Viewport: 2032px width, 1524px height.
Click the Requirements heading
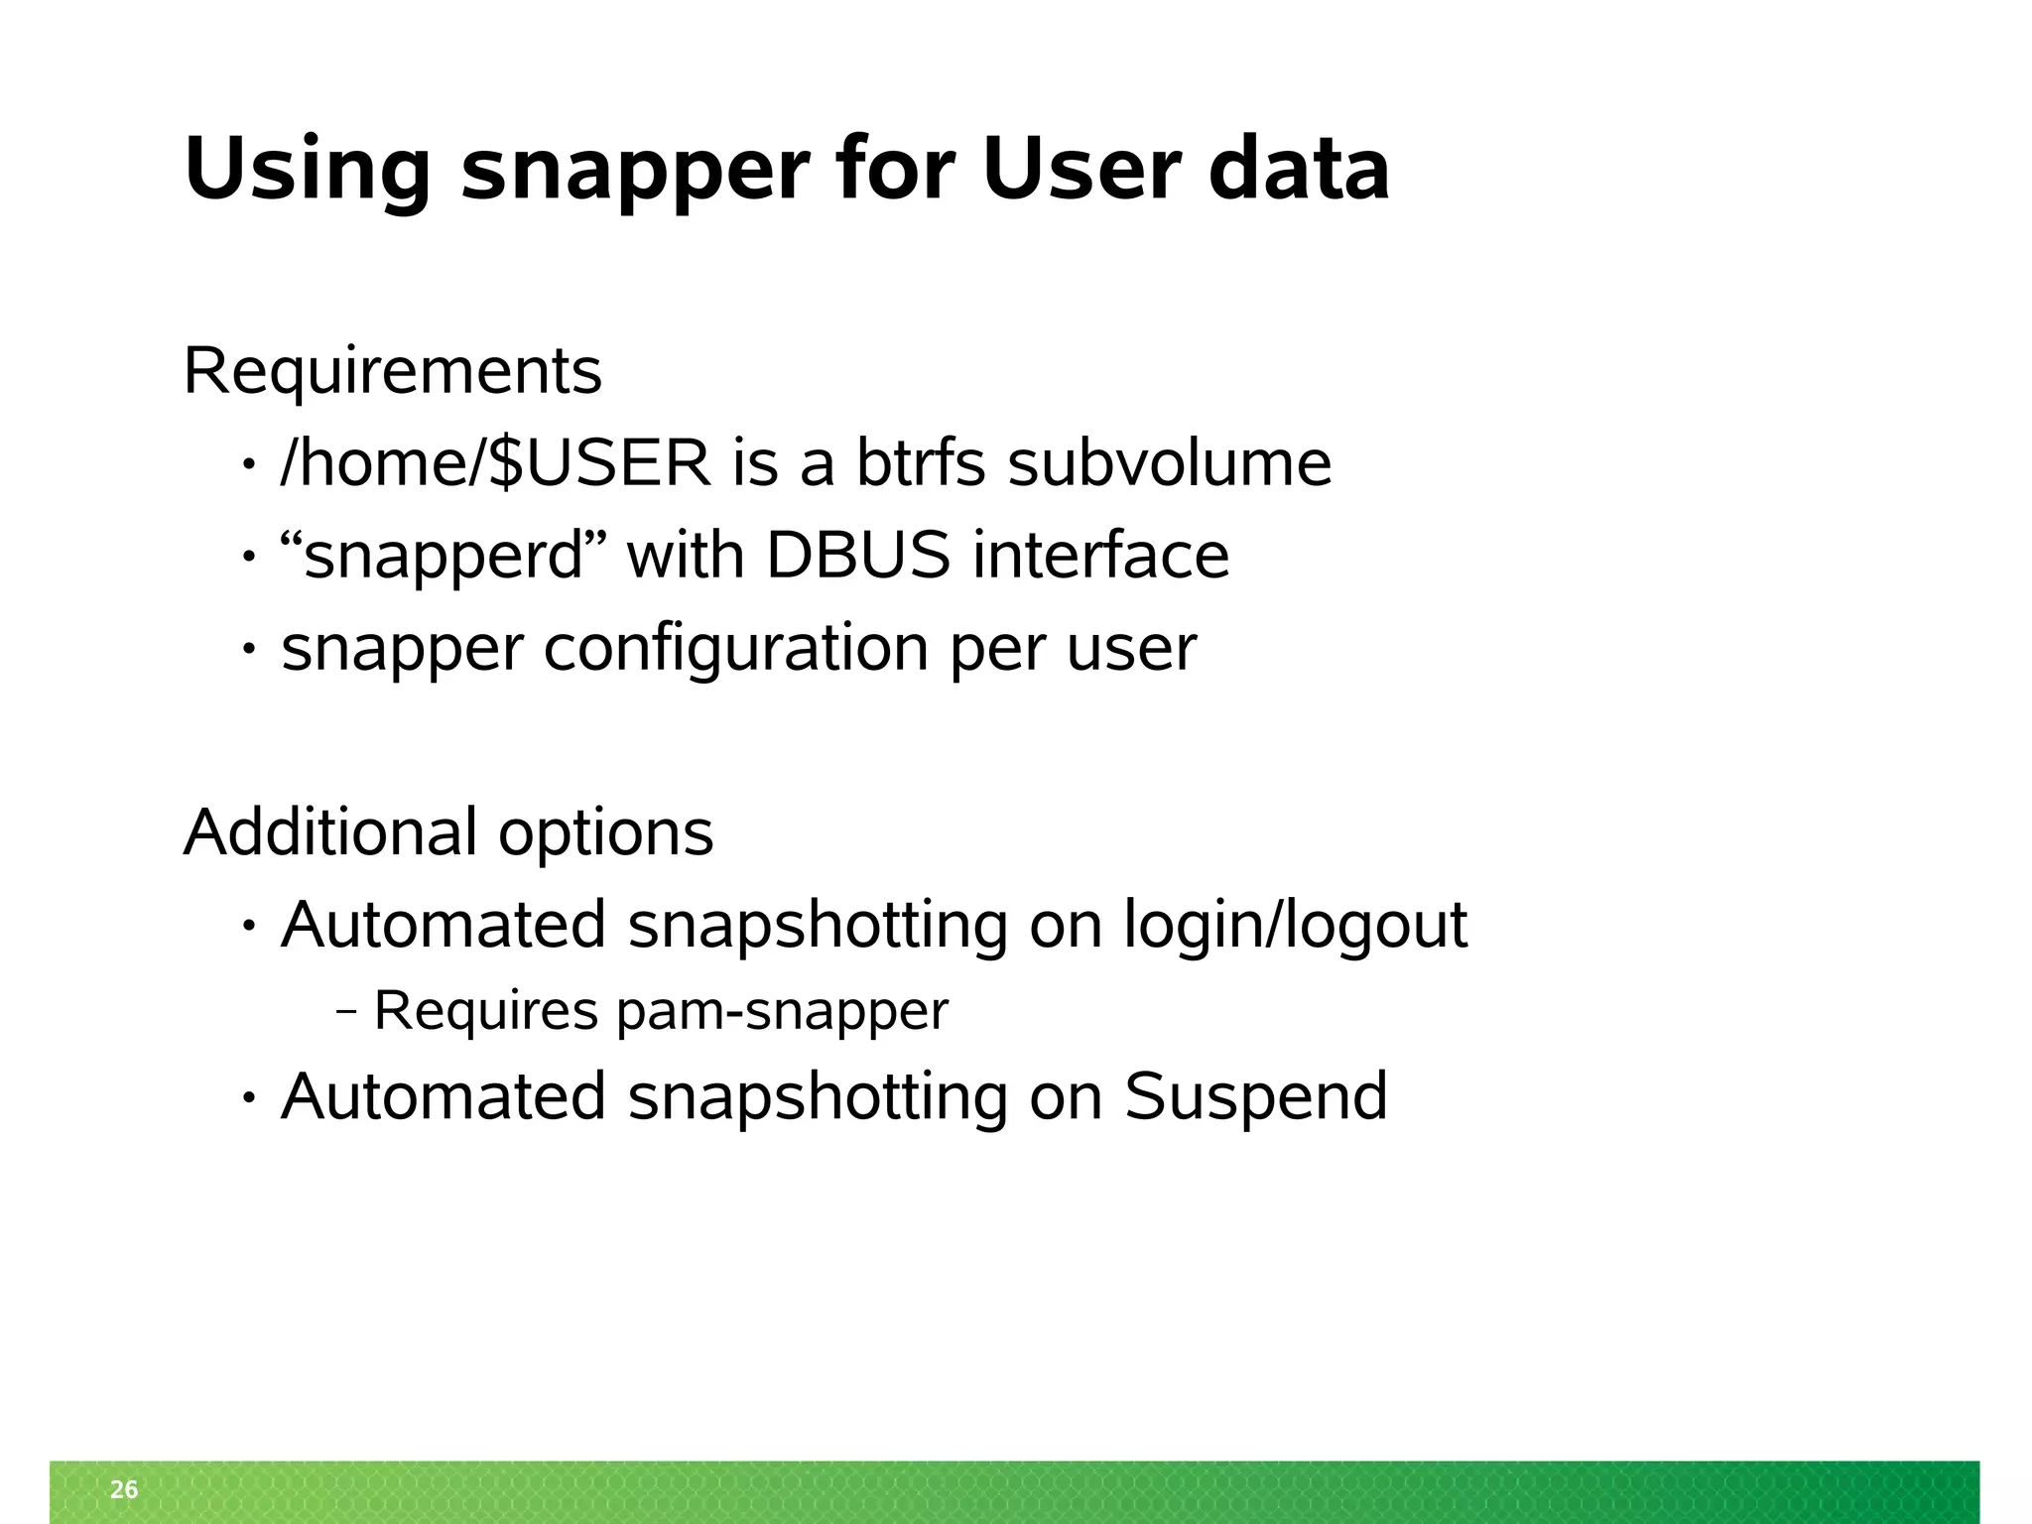(x=393, y=372)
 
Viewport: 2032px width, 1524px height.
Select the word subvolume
(x=1169, y=462)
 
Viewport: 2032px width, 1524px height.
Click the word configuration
(x=736, y=648)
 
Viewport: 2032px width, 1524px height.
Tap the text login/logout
(x=1295, y=926)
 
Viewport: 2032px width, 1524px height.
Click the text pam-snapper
(x=782, y=1011)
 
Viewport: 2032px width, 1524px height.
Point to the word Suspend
(x=1255, y=1096)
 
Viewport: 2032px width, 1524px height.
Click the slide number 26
(x=124, y=1489)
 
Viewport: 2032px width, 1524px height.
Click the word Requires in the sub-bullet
(x=486, y=1011)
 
